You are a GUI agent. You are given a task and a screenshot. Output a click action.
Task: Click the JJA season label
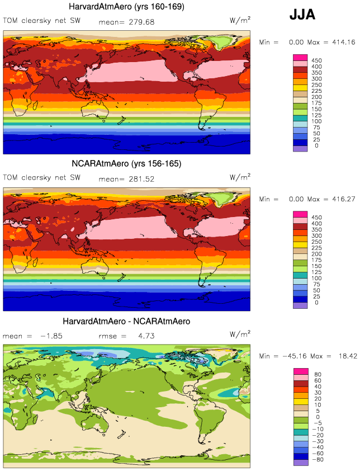click(x=302, y=15)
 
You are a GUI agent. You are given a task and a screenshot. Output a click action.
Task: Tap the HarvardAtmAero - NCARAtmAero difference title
click(x=127, y=322)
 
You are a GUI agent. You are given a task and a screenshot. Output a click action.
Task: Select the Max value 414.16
click(x=341, y=42)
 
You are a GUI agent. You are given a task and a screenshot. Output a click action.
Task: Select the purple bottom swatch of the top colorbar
click(x=300, y=148)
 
